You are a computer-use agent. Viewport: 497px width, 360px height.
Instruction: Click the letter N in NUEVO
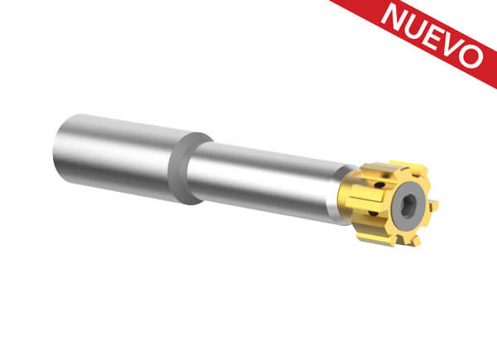395,15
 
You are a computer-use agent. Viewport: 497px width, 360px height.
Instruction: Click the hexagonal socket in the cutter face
407,206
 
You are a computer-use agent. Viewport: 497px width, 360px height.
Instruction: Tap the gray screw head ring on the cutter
408,206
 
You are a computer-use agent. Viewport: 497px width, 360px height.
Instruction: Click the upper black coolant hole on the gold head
379,185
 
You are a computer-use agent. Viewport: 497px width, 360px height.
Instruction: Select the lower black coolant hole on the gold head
374,214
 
